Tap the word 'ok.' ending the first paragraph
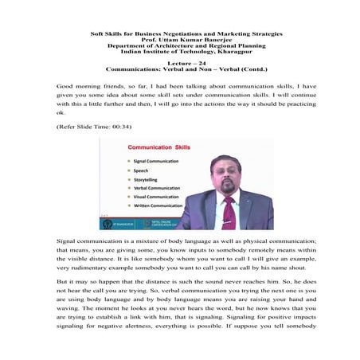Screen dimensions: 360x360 61,113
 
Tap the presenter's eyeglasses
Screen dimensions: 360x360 227,172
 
